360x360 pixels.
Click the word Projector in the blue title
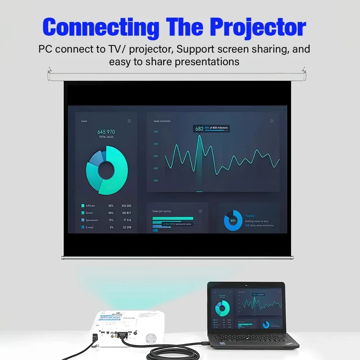tap(258, 27)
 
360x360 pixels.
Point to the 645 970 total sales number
tap(106, 132)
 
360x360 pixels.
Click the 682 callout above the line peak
tap(199, 129)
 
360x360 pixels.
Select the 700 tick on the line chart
tap(156, 132)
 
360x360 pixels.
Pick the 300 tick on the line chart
tap(156, 181)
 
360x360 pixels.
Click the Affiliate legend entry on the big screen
tap(90, 206)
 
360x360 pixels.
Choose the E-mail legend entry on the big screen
tap(89, 227)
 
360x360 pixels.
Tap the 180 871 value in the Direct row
tap(126, 213)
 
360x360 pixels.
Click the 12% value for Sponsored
tap(111, 220)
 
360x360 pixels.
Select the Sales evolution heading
tap(162, 121)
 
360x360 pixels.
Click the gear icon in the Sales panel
tap(129, 121)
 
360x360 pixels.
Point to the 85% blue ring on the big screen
tap(233, 220)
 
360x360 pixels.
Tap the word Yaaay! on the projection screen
tap(251, 215)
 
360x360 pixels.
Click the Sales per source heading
tap(162, 211)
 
